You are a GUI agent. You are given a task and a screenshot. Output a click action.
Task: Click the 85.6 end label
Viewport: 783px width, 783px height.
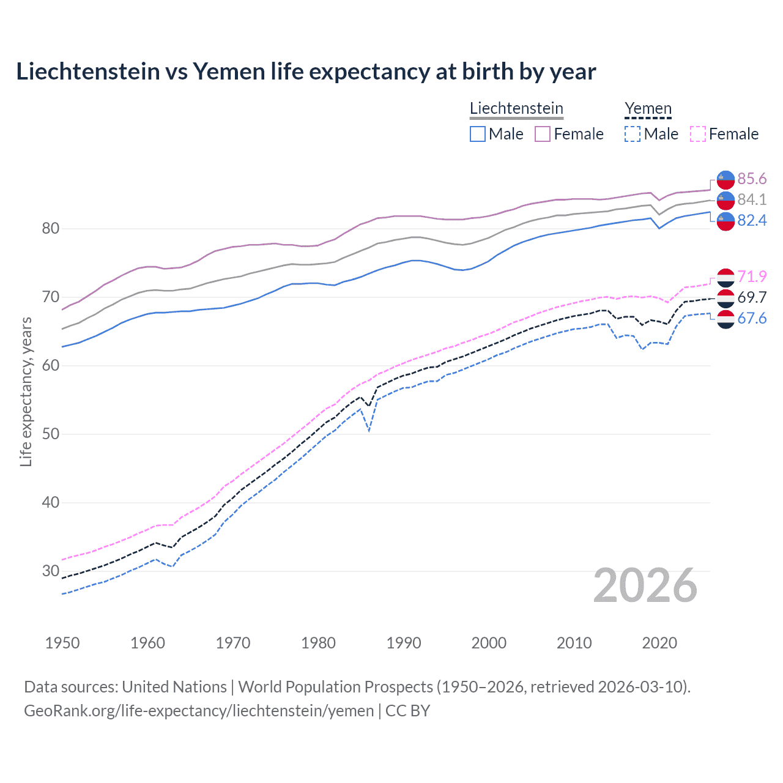click(752, 179)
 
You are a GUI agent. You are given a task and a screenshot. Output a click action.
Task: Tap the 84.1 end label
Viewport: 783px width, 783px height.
click(752, 199)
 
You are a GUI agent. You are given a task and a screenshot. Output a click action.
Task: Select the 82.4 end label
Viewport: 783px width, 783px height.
click(752, 220)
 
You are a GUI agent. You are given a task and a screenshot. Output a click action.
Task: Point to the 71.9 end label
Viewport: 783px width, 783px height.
click(752, 276)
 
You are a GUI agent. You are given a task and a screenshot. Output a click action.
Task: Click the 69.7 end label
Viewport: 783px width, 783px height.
click(752, 297)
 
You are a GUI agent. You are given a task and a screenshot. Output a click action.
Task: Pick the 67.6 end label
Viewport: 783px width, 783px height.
click(752, 318)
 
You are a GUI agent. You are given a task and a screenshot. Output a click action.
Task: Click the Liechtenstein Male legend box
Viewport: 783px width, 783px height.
click(478, 134)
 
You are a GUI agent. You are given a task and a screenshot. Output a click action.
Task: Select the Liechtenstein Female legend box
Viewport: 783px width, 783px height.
click(543, 134)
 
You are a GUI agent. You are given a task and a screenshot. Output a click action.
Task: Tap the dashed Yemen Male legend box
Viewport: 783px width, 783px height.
click(633, 134)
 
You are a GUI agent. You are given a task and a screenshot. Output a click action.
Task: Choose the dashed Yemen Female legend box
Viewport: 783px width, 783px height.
click(698, 134)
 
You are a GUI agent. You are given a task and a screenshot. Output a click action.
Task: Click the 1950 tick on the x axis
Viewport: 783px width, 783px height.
click(62, 643)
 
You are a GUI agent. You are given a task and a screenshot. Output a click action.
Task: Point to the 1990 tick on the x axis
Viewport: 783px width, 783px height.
click(404, 643)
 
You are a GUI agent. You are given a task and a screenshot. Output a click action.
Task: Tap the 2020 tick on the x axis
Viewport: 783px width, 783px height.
click(659, 643)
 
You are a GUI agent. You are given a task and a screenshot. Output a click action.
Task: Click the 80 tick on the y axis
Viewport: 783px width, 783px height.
click(51, 229)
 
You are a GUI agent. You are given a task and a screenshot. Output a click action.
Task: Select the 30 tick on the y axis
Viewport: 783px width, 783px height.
click(51, 571)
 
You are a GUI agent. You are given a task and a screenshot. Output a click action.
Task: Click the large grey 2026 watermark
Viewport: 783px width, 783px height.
click(645, 586)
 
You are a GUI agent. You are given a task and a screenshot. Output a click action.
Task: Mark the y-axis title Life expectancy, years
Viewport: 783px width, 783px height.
click(26, 391)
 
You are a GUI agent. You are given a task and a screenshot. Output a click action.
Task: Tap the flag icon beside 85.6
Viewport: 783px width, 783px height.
click(725, 179)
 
